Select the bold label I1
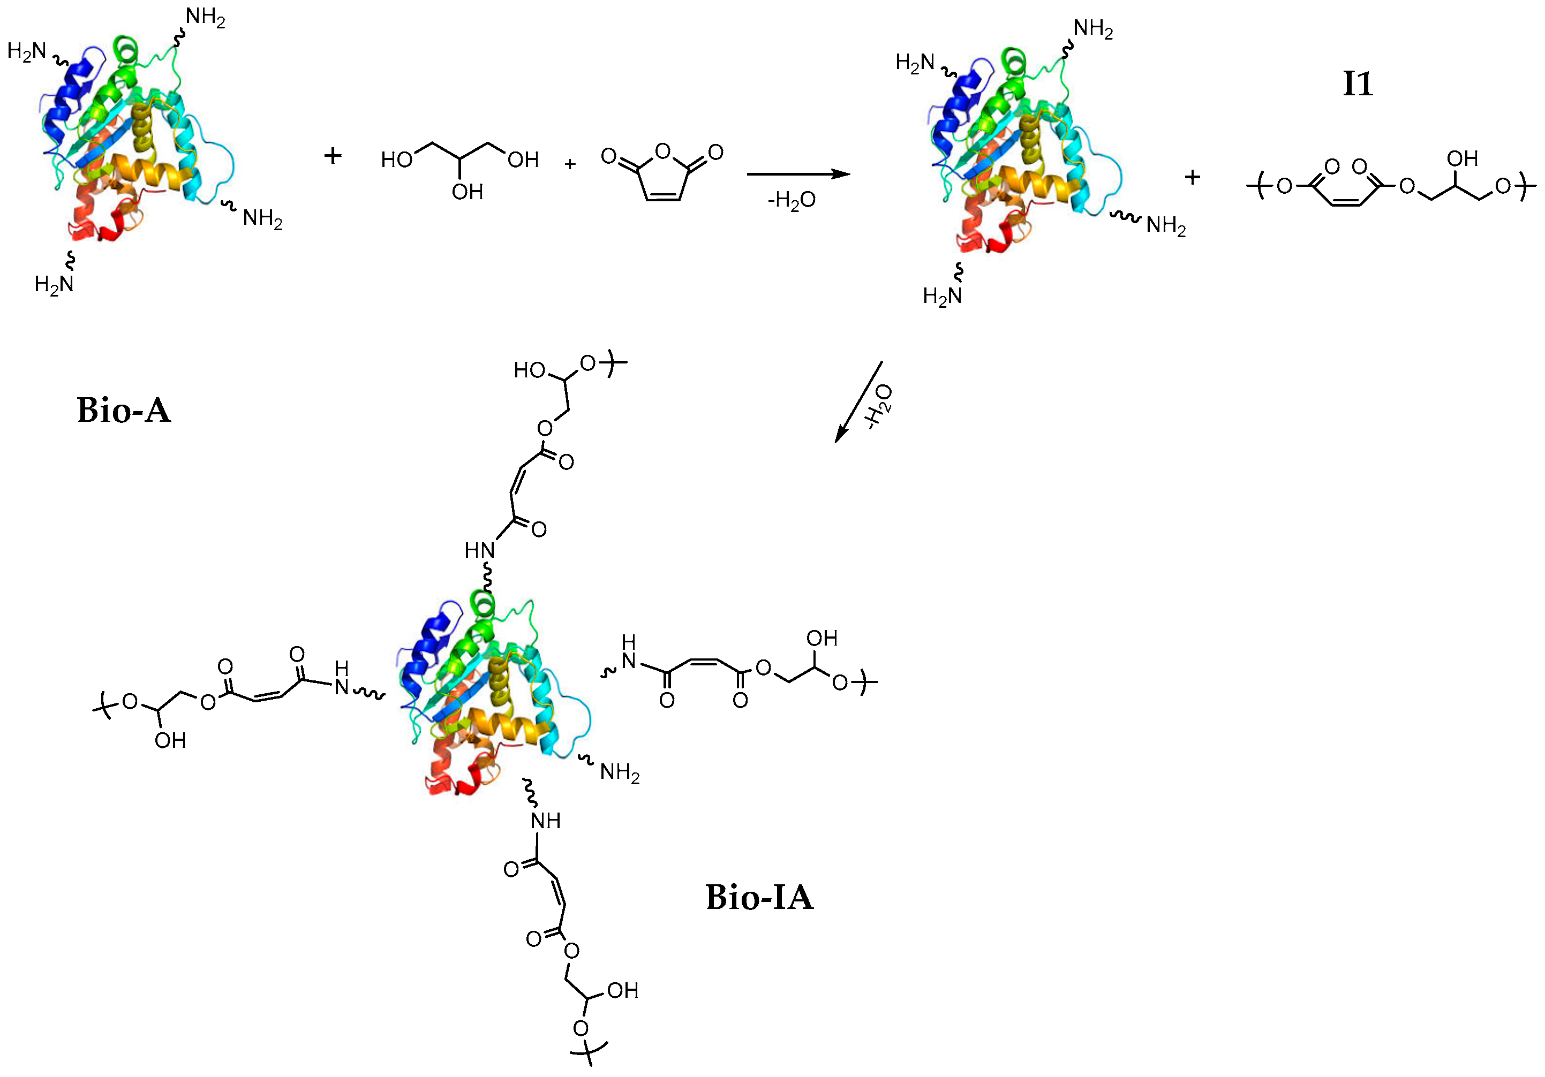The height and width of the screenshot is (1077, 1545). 1357,84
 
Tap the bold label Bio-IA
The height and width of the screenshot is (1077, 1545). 759,897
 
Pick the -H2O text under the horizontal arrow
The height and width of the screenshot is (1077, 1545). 792,200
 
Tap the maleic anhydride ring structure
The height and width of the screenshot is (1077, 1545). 662,173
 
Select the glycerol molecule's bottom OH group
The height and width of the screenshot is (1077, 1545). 468,192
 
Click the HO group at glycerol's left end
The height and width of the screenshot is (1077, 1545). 396,160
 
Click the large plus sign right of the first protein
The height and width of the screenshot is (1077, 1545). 333,156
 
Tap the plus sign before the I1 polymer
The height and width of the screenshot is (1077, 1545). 1193,178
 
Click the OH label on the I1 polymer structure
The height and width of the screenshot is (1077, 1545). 1462,159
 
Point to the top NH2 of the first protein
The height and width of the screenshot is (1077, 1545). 205,18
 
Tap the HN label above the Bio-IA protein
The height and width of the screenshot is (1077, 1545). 479,551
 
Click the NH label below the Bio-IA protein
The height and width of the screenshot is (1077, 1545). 545,821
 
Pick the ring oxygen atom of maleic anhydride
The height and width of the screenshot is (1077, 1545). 663,151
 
